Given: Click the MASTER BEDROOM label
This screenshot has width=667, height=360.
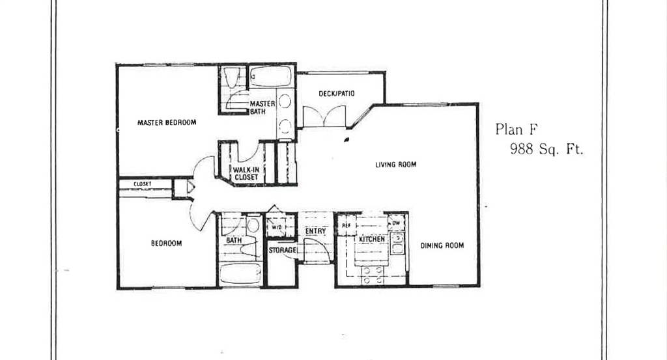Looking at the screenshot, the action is (167, 122).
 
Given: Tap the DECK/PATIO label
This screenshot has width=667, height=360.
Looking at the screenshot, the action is (337, 94).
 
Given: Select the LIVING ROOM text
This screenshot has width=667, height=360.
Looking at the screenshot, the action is (395, 165).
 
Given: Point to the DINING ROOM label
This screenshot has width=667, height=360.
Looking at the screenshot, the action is (442, 245).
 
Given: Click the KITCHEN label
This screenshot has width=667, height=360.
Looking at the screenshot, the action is (372, 240).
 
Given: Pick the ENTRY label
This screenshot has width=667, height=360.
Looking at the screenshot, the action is (316, 231).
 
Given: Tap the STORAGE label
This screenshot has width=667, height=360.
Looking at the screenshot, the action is (283, 251).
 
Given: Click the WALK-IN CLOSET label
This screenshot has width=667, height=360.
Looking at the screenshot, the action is (246, 173).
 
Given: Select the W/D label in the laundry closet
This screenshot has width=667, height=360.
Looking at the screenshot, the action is (276, 227).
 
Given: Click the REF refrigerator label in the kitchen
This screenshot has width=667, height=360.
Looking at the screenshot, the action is (347, 226).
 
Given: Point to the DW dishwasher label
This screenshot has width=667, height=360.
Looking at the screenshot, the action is (396, 223).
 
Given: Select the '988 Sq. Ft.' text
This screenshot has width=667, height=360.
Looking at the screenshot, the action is (546, 149).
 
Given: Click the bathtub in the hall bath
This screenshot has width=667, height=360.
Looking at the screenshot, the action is (241, 273).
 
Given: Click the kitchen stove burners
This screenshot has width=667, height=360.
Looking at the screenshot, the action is (372, 275).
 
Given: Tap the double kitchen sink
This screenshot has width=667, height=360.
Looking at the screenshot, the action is (397, 243).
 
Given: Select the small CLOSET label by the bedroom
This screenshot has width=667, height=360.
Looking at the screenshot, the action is (143, 184).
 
